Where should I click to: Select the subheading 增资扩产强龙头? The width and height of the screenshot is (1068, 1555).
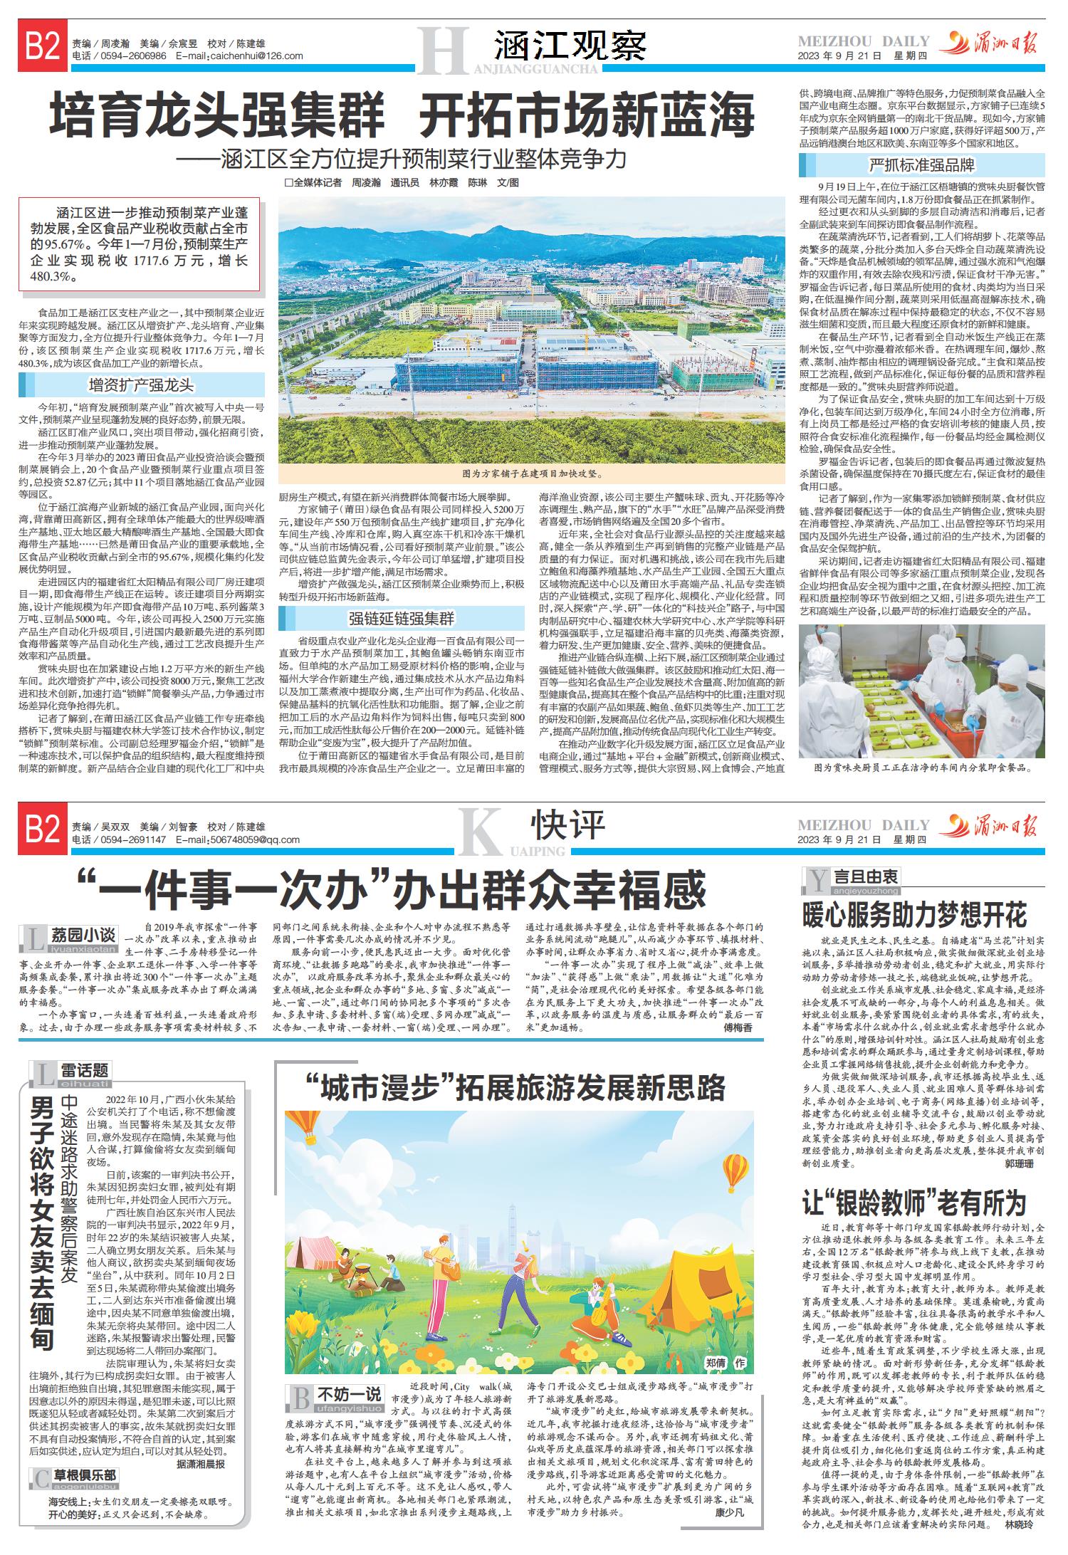click(x=141, y=385)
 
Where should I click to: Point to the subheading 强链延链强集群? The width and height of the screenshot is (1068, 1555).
click(x=402, y=618)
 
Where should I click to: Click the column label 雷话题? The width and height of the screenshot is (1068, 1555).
click(x=84, y=1069)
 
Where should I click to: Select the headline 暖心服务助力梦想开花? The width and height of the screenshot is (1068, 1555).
click(x=914, y=913)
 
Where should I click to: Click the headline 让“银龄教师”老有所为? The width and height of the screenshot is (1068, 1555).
click(x=914, y=1203)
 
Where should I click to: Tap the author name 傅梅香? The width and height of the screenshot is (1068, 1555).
click(x=738, y=1028)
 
